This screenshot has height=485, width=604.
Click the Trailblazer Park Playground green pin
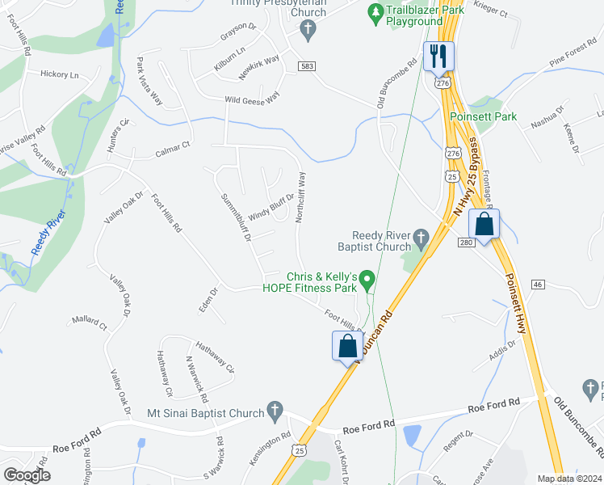375,13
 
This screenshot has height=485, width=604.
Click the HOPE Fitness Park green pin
367,281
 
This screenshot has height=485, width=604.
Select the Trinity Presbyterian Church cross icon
307,30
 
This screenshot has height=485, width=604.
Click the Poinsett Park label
483,116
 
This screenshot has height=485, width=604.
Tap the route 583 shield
305,65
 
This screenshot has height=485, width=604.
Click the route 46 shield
539,285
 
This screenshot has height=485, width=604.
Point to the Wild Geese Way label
252,99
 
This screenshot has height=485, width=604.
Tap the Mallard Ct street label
89,323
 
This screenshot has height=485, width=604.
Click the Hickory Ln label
59,74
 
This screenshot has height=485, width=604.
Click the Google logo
27,475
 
